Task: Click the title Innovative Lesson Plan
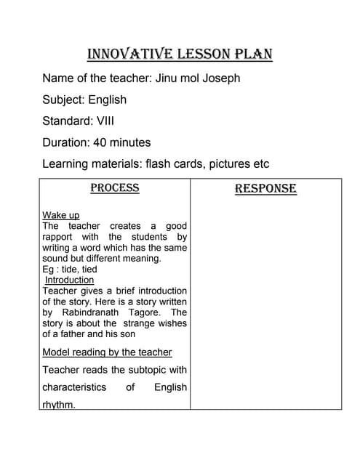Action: click(x=180, y=54)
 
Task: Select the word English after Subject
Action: click(x=108, y=100)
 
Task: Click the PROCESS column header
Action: click(x=114, y=188)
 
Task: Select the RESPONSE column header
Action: click(x=265, y=189)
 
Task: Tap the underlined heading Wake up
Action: click(x=61, y=215)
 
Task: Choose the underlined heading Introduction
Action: click(x=70, y=280)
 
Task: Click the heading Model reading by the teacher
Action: click(x=107, y=352)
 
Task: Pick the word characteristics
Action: click(x=73, y=387)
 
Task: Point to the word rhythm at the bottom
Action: click(x=58, y=405)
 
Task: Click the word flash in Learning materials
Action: click(x=159, y=164)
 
